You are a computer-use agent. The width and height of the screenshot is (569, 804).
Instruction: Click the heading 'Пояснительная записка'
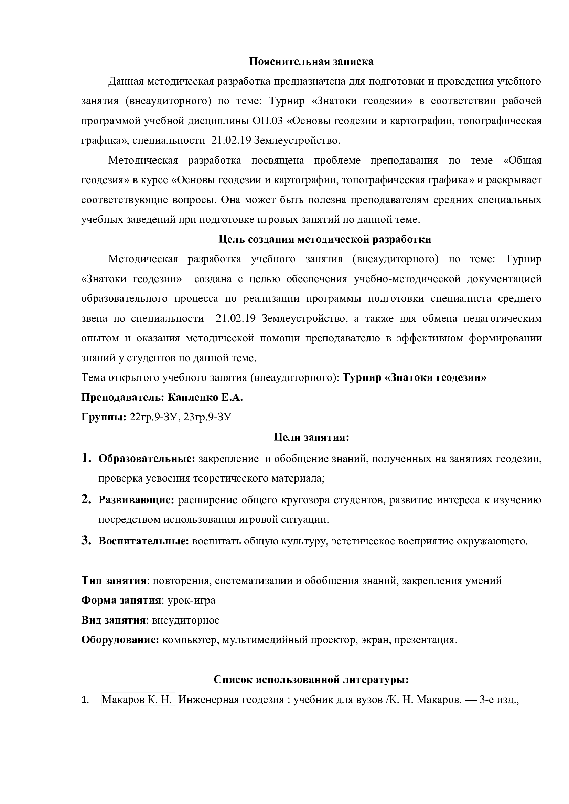[x=311, y=62]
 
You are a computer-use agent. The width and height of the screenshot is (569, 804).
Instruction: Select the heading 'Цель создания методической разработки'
[x=325, y=239]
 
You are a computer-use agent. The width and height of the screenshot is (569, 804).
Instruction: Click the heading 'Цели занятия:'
[x=311, y=437]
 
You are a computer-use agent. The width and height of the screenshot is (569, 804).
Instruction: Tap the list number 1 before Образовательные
[x=86, y=458]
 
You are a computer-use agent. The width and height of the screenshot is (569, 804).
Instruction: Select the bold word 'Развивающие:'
[x=136, y=500]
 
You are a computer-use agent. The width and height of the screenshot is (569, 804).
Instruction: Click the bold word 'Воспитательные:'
[x=144, y=541]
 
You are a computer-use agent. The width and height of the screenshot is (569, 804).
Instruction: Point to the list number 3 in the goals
[x=86, y=540]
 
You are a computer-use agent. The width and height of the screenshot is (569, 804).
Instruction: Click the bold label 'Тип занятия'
[x=114, y=581]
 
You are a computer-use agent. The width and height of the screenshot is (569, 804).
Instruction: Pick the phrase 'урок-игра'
[x=191, y=600]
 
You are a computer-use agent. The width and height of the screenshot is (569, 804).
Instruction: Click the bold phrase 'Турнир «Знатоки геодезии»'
[x=415, y=378]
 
